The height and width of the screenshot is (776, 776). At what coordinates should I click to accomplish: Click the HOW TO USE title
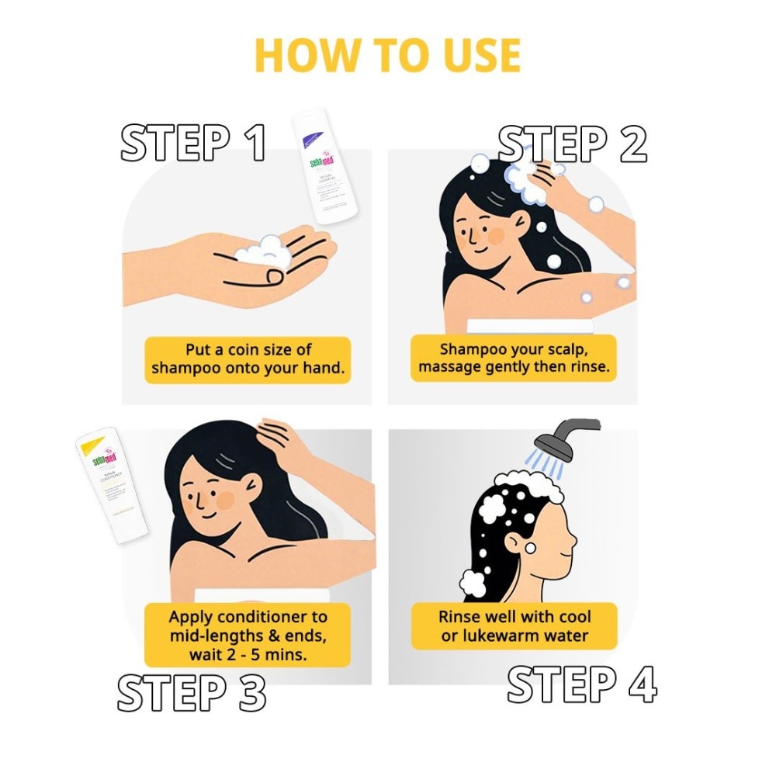[x=387, y=55]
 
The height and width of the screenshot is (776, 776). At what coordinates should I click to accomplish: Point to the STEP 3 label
[x=192, y=691]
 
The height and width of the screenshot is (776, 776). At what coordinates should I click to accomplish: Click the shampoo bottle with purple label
[x=326, y=167]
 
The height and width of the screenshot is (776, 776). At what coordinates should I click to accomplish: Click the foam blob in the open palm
[x=262, y=250]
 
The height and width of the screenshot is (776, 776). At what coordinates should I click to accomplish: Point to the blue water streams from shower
[x=547, y=464]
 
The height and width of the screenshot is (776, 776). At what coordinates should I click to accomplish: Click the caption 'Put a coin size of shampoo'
[x=248, y=359]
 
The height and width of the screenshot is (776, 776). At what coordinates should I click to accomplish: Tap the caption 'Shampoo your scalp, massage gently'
[x=513, y=358]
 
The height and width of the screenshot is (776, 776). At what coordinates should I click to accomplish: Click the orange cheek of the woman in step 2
[x=495, y=234]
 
